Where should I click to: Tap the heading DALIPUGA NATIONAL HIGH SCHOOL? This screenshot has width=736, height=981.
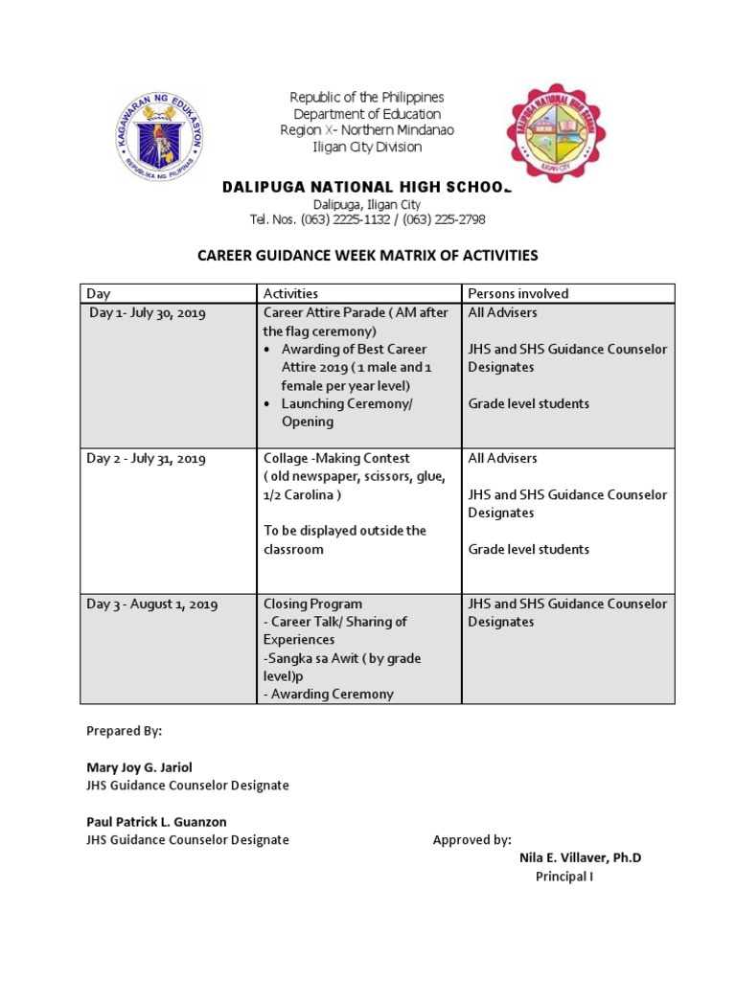(x=367, y=187)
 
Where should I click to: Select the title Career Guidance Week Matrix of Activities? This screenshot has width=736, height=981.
(x=368, y=256)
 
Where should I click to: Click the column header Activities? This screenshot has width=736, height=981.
(x=290, y=294)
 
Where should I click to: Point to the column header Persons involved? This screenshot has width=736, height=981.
(x=517, y=294)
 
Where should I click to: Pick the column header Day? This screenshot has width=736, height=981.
(x=99, y=294)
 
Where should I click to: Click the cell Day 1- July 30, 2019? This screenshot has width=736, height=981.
(x=148, y=313)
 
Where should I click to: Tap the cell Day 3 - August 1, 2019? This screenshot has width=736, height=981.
(x=153, y=605)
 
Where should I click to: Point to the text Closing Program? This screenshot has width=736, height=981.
(x=313, y=605)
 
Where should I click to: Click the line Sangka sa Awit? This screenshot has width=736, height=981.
(x=342, y=659)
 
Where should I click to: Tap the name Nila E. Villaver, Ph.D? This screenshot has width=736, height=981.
(x=580, y=857)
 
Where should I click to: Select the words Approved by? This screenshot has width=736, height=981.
(x=471, y=840)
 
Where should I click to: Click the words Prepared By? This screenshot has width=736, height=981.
(x=125, y=731)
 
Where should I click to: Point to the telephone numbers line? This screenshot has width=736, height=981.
(x=367, y=219)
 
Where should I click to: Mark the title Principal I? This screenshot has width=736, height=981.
(x=563, y=877)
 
